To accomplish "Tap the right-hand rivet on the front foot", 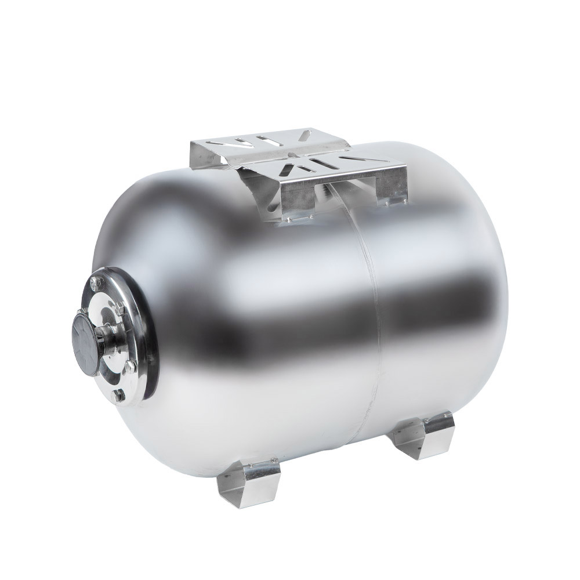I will click(269, 467).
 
